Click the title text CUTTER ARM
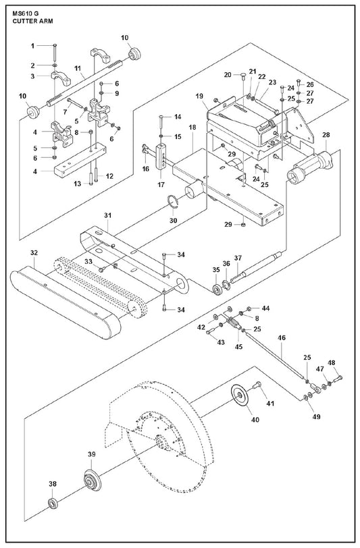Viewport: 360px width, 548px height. pyautogui.click(x=33, y=21)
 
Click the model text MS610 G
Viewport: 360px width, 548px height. pyautogui.click(x=26, y=13)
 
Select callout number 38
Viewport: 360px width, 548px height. pyautogui.click(x=53, y=484)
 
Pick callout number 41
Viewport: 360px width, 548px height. pyautogui.click(x=269, y=404)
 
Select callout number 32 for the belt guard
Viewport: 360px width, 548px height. pyautogui.click(x=34, y=252)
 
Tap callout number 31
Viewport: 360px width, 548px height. pyautogui.click(x=108, y=215)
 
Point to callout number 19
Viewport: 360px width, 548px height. pyautogui.click(x=199, y=96)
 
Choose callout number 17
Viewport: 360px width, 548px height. pyautogui.click(x=161, y=185)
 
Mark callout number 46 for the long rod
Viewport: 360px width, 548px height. pyautogui.click(x=282, y=337)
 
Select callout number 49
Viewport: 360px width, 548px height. pyautogui.click(x=317, y=416)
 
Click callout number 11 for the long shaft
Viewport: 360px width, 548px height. pyautogui.click(x=78, y=68)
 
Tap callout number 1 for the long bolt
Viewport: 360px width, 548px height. pyautogui.click(x=33, y=45)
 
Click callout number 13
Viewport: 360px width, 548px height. pyautogui.click(x=77, y=184)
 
